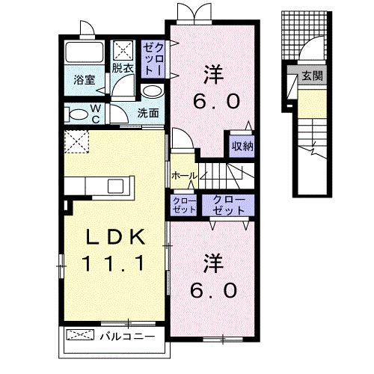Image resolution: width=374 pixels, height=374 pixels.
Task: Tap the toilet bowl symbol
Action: coord(76,114)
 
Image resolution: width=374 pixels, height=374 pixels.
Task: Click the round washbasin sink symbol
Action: coord(150,91)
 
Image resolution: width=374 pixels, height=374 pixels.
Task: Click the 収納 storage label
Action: coord(242,146)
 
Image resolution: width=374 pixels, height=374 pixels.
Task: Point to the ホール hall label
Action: coord(183,176)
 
